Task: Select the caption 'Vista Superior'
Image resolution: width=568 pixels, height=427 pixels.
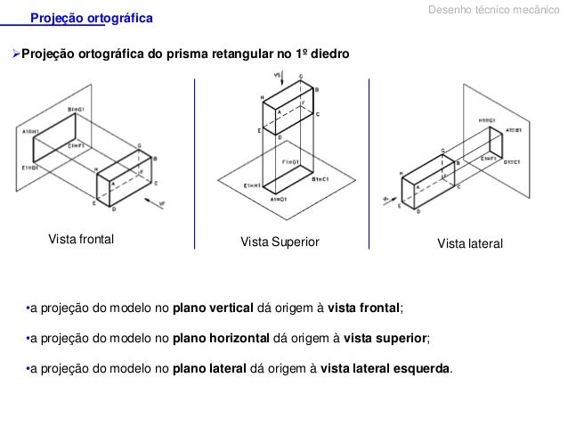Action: click(280, 242)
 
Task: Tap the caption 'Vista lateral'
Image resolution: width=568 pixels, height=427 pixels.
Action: click(471, 242)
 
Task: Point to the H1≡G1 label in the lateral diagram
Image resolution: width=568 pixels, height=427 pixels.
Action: click(486, 119)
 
